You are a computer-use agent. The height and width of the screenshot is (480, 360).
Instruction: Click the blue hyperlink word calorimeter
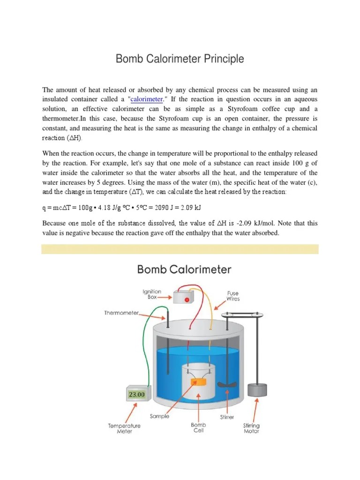[x=147, y=99]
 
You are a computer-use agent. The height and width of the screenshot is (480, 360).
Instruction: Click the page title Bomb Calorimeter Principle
[x=180, y=60]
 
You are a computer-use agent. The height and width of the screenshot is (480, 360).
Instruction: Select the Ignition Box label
[x=152, y=294]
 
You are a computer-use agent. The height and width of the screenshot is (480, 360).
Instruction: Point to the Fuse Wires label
[x=233, y=296]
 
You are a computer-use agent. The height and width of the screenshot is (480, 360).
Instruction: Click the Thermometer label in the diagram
[x=121, y=313]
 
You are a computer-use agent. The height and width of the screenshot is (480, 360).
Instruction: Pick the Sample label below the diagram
[x=159, y=416]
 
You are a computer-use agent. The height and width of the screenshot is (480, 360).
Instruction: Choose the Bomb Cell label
[x=198, y=427]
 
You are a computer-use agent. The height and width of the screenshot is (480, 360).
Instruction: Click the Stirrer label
[x=227, y=417]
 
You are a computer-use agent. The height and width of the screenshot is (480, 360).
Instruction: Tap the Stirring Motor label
[x=251, y=428]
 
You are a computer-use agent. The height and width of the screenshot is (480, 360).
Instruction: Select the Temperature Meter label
[x=125, y=428]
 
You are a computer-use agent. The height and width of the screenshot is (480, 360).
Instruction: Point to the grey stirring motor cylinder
[x=256, y=390]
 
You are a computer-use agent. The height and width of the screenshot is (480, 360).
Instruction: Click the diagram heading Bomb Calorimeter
[x=184, y=270]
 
